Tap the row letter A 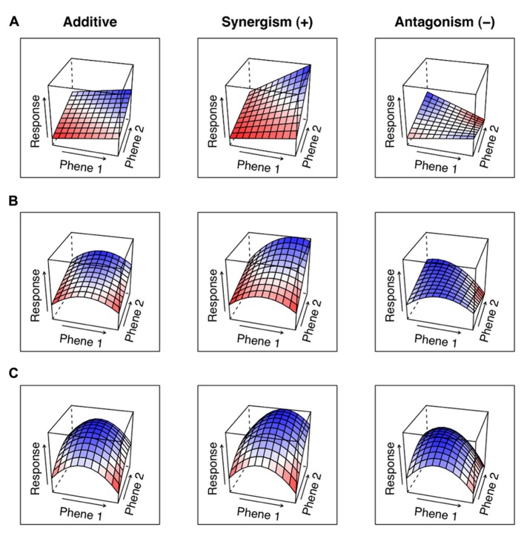[12, 23]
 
